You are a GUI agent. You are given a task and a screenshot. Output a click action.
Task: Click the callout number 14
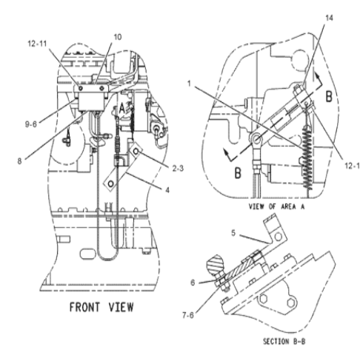(x=329, y=18)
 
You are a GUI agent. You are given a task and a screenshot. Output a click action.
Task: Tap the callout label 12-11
(x=37, y=44)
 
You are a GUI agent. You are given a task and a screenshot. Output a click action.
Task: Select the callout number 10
(x=118, y=37)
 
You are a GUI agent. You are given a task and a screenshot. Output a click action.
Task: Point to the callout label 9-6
(x=31, y=124)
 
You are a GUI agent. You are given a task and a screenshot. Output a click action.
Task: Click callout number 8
(x=19, y=161)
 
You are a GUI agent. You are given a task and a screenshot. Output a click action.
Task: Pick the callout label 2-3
(x=178, y=169)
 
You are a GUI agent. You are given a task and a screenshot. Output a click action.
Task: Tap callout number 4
(x=167, y=190)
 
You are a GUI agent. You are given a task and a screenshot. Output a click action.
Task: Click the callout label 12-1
(x=352, y=166)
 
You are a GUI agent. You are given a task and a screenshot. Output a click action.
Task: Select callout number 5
(x=233, y=233)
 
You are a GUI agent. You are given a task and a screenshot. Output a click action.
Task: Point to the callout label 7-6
(x=188, y=315)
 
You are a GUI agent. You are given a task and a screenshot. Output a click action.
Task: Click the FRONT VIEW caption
(x=101, y=307)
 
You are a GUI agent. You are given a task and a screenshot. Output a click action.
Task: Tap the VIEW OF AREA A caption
(x=276, y=206)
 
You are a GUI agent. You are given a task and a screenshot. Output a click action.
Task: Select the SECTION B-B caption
(x=284, y=342)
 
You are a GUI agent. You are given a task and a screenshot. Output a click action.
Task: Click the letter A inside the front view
(x=122, y=109)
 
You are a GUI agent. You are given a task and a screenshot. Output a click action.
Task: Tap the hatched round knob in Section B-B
(x=216, y=266)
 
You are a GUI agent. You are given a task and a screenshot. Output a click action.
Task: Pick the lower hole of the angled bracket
(x=111, y=183)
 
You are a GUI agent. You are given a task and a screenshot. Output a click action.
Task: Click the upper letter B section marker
(x=329, y=97)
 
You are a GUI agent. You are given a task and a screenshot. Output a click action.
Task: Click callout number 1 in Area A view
(x=189, y=84)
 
